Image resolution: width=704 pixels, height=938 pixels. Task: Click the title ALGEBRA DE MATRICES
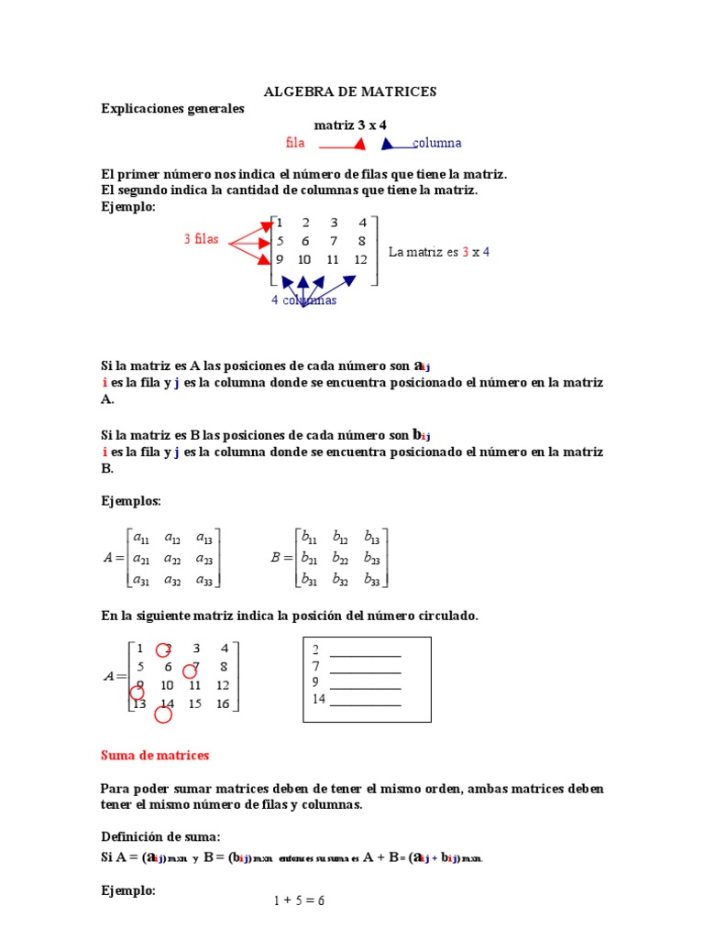click(x=350, y=92)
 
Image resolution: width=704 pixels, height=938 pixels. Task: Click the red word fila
click(x=294, y=143)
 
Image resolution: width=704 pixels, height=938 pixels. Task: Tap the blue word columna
click(x=437, y=143)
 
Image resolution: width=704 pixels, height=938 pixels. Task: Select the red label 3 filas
click(x=201, y=240)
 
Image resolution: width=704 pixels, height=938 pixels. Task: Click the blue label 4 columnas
click(x=303, y=300)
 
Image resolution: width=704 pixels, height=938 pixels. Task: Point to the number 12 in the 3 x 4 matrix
click(x=360, y=259)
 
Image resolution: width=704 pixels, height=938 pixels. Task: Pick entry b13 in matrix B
click(x=371, y=538)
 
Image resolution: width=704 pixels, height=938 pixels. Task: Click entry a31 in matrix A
click(x=141, y=579)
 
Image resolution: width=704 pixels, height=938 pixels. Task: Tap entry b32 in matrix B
click(x=340, y=579)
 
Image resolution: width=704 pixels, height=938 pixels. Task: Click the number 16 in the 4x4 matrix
click(x=222, y=704)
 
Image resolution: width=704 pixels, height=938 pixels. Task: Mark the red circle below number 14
click(x=163, y=715)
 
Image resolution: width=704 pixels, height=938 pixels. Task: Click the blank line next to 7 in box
click(x=365, y=668)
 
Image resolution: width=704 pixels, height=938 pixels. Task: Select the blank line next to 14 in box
click(x=365, y=702)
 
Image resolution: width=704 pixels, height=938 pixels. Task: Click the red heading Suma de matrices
click(x=155, y=756)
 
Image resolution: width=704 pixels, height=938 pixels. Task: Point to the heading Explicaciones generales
click(x=172, y=109)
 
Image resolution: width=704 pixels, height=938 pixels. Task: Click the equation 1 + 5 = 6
click(x=299, y=900)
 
